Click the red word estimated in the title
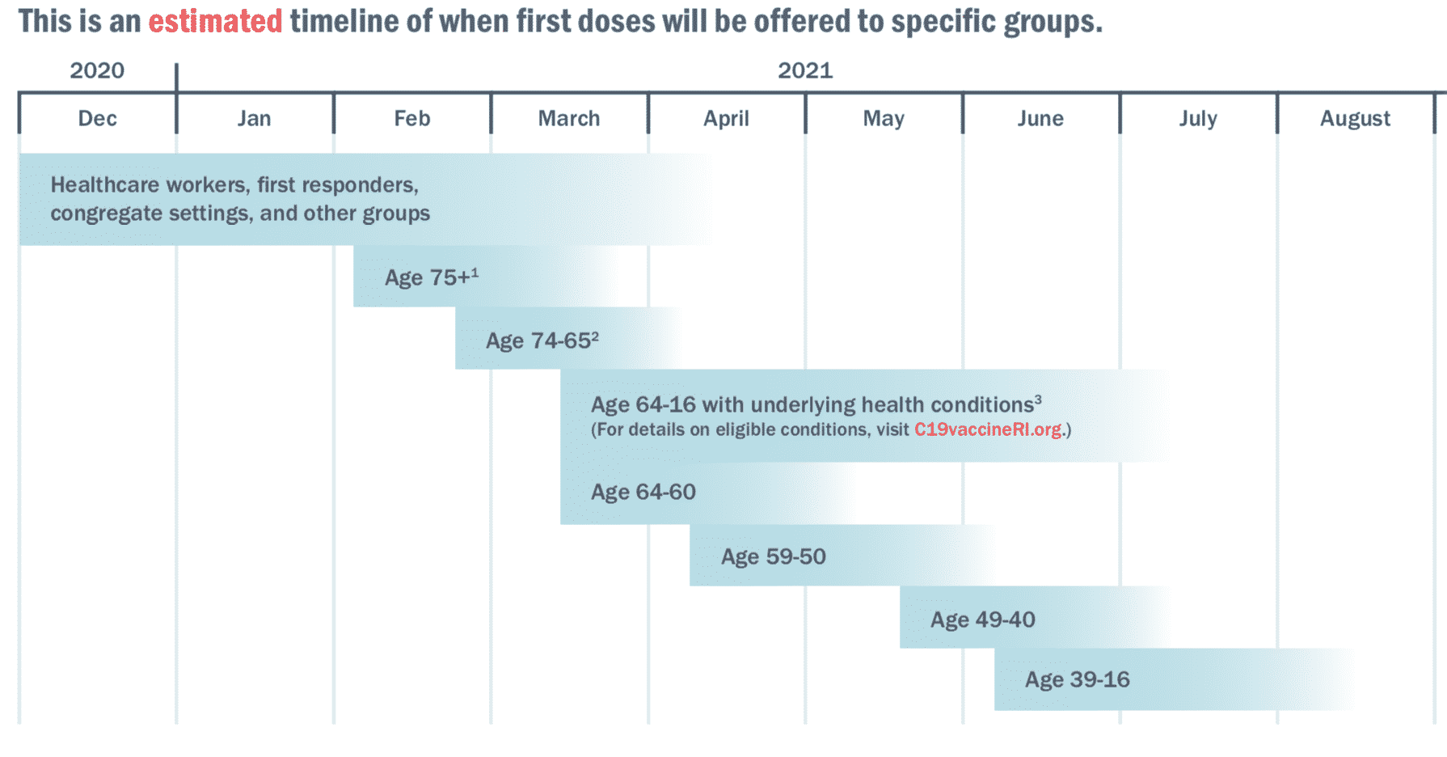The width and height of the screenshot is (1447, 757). point(215,21)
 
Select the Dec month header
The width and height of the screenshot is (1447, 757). point(97,119)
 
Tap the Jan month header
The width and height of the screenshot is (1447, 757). point(254,119)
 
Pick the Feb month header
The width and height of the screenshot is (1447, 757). point(411,119)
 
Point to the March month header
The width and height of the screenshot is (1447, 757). point(569,119)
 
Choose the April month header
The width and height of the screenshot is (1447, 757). point(726,119)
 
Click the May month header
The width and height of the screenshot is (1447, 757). point(884,119)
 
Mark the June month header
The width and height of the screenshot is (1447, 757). point(1040,119)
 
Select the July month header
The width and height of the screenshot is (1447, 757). point(1197,119)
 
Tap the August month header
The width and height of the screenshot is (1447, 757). point(1355,119)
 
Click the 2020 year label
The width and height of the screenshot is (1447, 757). point(97,70)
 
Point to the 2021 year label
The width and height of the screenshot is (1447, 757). point(805,70)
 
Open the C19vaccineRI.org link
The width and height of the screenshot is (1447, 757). point(988,429)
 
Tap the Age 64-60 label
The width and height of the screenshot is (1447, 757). point(643,492)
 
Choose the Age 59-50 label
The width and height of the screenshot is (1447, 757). point(773,556)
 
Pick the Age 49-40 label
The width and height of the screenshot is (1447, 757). point(982,620)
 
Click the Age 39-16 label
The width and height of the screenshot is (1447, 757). point(1077,679)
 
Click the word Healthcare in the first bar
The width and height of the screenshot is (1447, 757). point(104,185)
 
